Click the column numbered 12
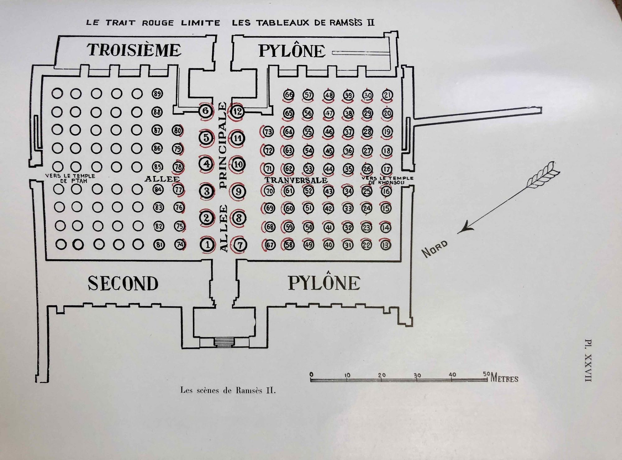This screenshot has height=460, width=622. click(237, 111)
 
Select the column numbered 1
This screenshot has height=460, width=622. click(207, 245)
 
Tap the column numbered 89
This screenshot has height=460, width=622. click(157, 94)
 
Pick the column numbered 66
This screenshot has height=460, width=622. click(289, 95)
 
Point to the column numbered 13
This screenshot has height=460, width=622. click(386, 245)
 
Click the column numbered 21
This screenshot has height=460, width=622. click(387, 95)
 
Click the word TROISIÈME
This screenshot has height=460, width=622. click(134, 50)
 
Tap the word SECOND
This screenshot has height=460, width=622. click(123, 283)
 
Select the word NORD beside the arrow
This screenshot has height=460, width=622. click(435, 249)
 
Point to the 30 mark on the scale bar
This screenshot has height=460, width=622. click(417, 375)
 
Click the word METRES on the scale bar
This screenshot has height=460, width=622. click(504, 378)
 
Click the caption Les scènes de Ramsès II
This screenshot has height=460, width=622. click(228, 390)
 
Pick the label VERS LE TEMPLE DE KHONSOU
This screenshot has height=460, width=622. click(387, 180)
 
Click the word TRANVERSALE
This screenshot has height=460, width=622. click(296, 180)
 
